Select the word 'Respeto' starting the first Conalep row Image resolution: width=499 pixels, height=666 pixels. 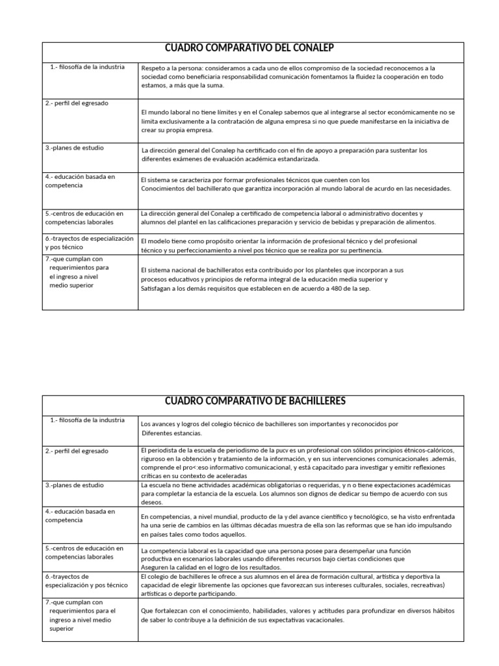153,68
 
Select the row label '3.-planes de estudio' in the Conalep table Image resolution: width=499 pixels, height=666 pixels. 74,148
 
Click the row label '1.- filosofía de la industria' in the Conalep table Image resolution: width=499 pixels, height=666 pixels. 87,67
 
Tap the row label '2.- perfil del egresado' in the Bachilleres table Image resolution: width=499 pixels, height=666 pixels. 77,451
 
